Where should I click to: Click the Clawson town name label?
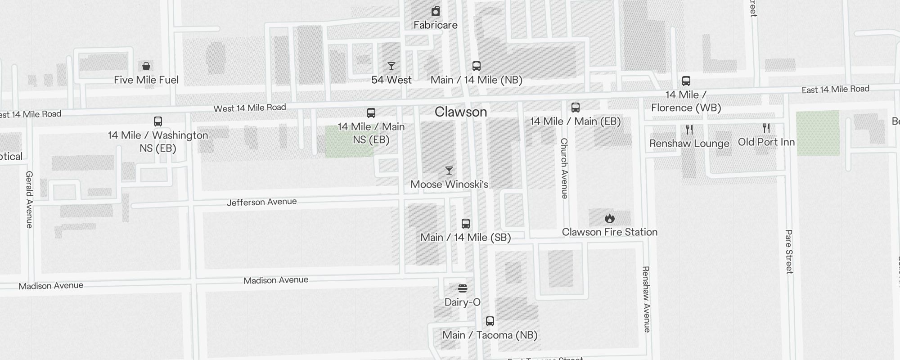(x=461, y=112)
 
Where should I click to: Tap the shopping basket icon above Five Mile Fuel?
(x=146, y=67)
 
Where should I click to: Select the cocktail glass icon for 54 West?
(x=391, y=67)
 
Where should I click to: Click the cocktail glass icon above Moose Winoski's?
(x=449, y=171)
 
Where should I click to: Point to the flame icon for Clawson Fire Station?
(x=610, y=219)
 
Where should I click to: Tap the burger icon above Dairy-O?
(x=463, y=288)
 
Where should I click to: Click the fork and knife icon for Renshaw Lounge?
(x=689, y=130)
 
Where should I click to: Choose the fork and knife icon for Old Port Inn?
(x=766, y=129)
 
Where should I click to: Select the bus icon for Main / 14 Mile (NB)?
(x=477, y=66)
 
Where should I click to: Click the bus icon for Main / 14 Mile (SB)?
(x=466, y=224)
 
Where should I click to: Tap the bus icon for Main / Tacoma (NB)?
(x=490, y=321)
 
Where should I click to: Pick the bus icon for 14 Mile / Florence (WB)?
(x=686, y=81)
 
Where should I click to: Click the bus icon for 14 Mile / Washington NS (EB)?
(x=158, y=121)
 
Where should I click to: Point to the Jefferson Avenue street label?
(x=261, y=202)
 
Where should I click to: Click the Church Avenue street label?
(x=564, y=168)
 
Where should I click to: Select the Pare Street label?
(x=789, y=252)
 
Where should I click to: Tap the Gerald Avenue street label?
(x=29, y=199)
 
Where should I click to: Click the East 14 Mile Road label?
(x=835, y=90)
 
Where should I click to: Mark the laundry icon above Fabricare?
(x=436, y=11)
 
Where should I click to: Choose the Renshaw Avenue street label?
(x=646, y=299)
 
